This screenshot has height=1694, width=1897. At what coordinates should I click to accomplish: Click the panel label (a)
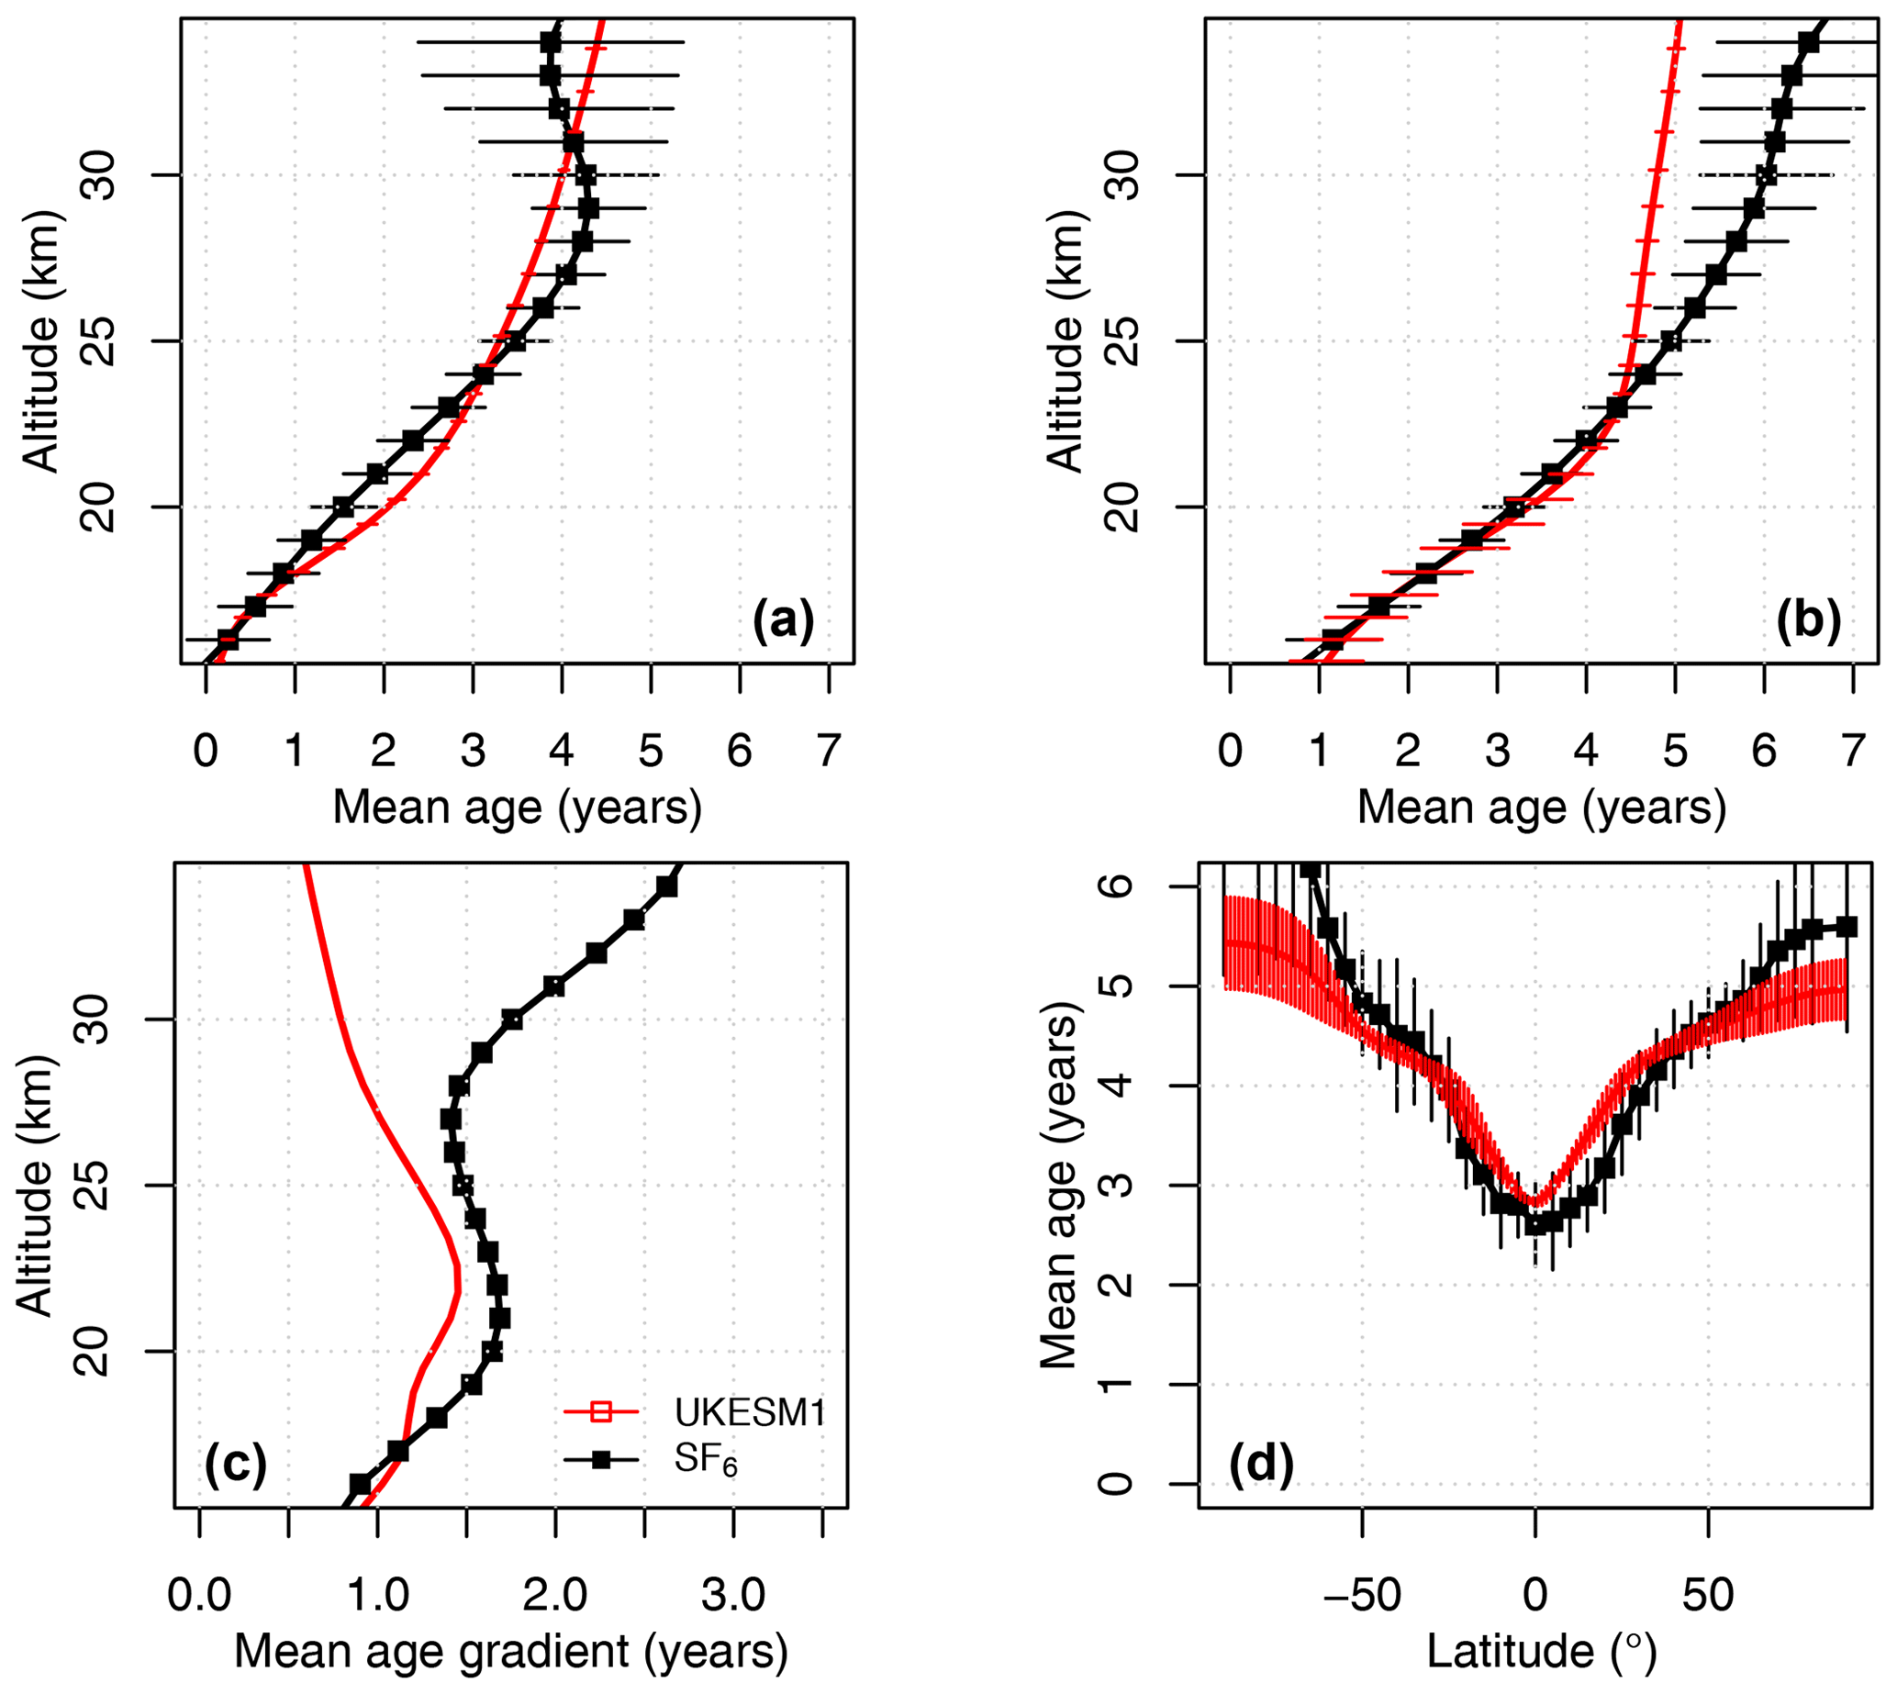783,620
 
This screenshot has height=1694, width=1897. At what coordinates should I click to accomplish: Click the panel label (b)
1808,620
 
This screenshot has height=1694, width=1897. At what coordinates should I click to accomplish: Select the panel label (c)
236,1464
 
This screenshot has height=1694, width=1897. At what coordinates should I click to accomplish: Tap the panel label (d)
1261,1464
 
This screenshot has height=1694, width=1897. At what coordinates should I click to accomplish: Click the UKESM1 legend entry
749,1413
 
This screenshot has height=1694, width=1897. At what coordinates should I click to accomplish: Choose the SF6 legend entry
706,1460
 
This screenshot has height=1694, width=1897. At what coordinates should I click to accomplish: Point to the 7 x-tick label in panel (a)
829,752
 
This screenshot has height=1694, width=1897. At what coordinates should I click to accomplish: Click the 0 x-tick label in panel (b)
1230,752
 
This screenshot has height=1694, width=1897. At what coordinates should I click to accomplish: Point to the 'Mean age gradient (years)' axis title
511,1651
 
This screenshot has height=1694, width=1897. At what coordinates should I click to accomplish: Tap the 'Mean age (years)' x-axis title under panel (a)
517,807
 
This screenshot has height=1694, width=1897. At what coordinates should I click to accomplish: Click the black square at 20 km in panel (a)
343,507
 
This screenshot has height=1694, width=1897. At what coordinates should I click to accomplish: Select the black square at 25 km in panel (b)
1672,340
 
